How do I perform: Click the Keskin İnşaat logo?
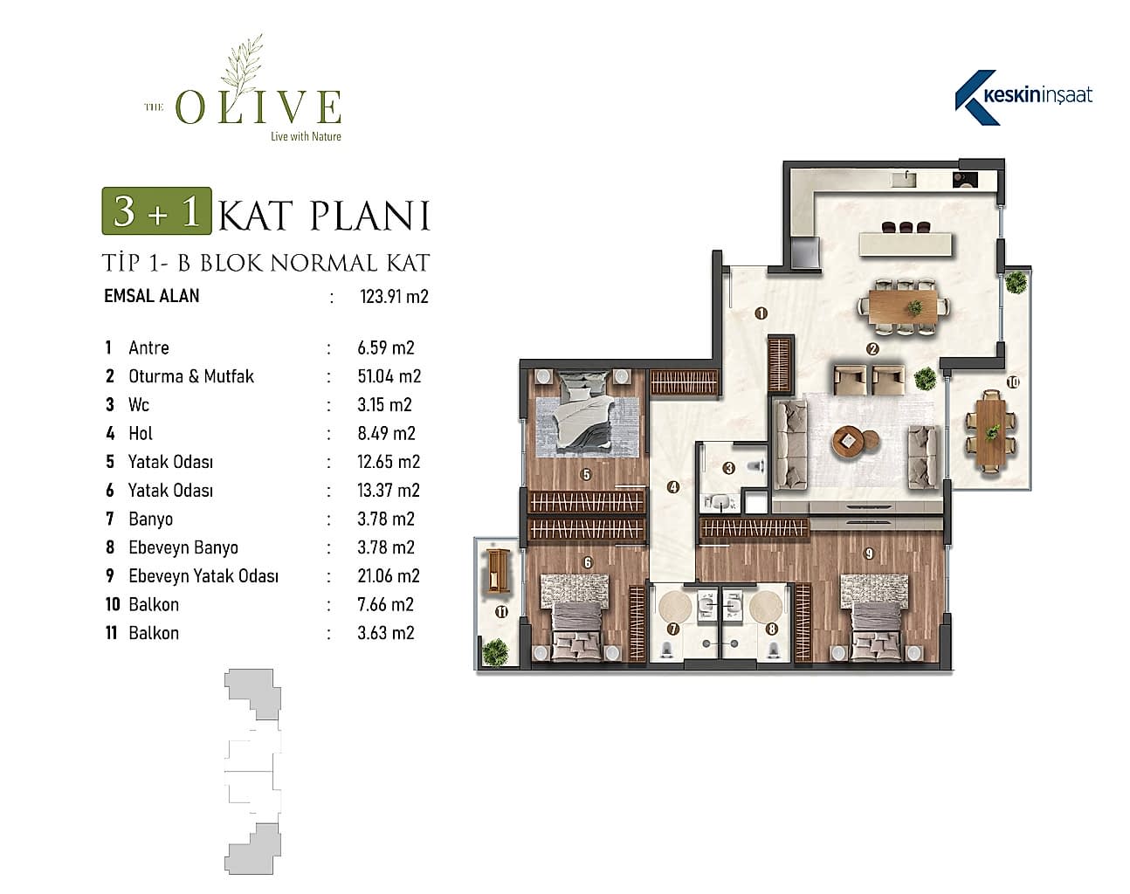(x=1023, y=98)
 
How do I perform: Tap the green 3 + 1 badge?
(x=156, y=211)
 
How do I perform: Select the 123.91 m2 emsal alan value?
(x=394, y=297)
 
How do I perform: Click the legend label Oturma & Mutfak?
(x=191, y=376)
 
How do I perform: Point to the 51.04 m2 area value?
(x=389, y=376)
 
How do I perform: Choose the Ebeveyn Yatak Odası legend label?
(x=203, y=576)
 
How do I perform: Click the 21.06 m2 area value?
(x=389, y=576)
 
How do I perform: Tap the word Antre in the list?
(x=148, y=348)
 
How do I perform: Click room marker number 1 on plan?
(x=761, y=313)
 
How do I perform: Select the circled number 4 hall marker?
(x=673, y=487)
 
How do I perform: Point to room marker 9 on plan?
(x=869, y=554)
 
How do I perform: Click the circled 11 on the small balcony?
(x=501, y=612)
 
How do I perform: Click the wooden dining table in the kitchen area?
(x=904, y=306)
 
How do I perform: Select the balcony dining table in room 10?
(x=991, y=434)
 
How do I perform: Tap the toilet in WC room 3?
(x=754, y=466)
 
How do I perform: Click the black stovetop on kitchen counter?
(x=965, y=180)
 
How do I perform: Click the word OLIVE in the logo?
(x=258, y=107)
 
